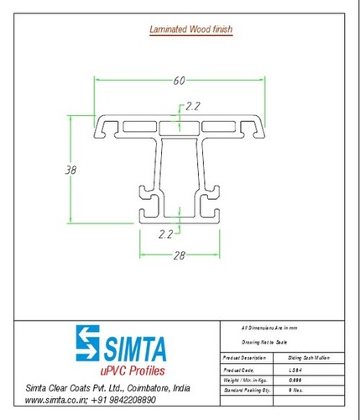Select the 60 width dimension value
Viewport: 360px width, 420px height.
point(179,81)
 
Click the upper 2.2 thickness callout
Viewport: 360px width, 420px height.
point(193,106)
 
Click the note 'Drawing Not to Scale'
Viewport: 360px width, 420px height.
point(262,342)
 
